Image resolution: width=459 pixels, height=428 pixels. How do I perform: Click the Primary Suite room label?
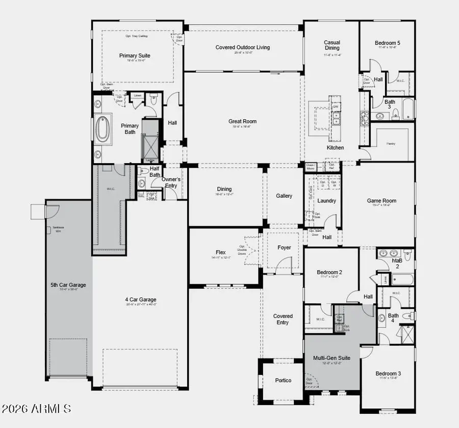[x=135, y=56]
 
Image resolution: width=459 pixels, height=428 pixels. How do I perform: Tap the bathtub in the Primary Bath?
[x=103, y=130]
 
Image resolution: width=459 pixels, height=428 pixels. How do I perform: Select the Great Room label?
[x=242, y=121]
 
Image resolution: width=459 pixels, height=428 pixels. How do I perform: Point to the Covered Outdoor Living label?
[x=242, y=47]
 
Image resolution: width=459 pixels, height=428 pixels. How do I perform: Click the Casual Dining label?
[x=332, y=46]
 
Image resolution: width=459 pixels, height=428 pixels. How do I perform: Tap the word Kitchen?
[x=335, y=148]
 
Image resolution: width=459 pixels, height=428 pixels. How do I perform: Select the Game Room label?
[x=381, y=201]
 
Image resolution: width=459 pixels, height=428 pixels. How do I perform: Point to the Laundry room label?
[x=326, y=201]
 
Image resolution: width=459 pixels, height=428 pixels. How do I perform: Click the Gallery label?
[x=284, y=196]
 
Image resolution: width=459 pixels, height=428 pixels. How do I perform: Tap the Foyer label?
[x=284, y=248]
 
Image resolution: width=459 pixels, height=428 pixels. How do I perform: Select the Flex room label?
[x=221, y=252]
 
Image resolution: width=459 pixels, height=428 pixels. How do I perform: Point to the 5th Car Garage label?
[x=68, y=285]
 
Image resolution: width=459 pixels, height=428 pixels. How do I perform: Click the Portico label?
[x=283, y=381]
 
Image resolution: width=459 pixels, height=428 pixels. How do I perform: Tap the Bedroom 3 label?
[x=388, y=373]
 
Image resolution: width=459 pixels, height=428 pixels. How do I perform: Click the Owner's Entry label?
[x=171, y=182]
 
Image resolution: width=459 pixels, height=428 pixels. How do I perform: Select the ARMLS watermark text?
[x=36, y=409]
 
